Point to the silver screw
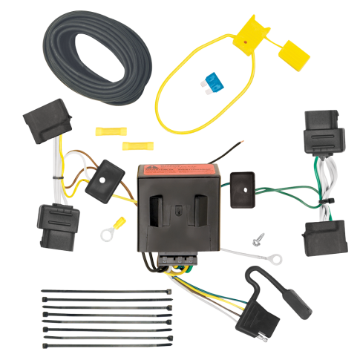tap(257, 240)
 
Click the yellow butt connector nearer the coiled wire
tap(107, 131)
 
